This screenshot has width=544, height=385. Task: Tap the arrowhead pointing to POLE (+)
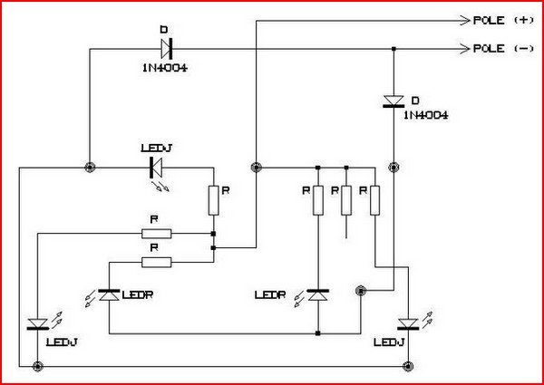point(460,19)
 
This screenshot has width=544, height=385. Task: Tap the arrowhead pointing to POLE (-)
point(460,48)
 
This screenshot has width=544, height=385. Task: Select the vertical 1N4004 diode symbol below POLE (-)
point(393,101)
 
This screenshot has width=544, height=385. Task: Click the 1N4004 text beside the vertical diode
point(425,116)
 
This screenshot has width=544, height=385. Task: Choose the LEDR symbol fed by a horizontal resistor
point(109,295)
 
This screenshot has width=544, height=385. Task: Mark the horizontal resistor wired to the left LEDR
point(157,263)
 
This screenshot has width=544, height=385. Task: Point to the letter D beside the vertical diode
point(415,97)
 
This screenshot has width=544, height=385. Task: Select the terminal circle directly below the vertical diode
point(393,167)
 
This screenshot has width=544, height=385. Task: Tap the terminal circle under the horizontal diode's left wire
point(89,167)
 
